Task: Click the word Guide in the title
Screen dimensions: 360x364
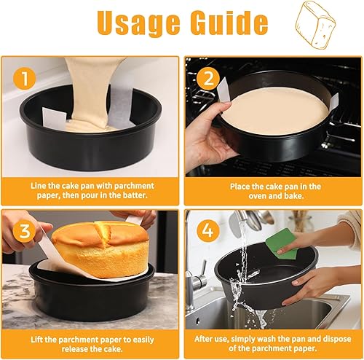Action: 225,23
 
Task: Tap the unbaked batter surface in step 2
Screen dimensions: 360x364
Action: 273,111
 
